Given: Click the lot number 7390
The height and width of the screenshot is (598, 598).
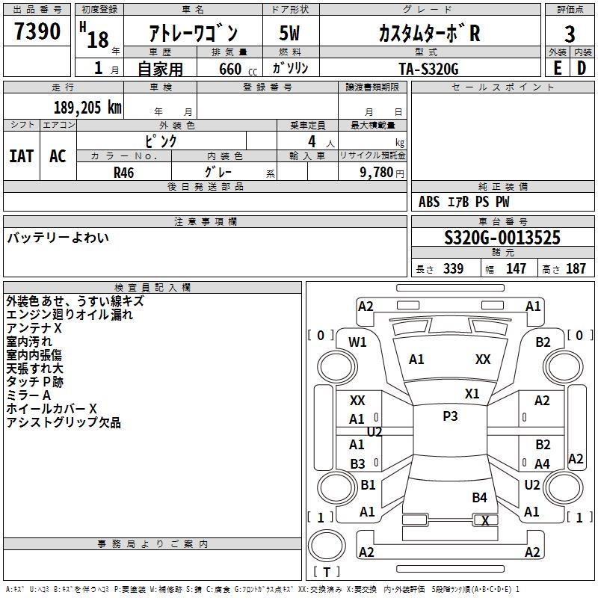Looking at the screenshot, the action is coord(37,32).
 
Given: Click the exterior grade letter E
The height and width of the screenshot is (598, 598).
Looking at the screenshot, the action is coord(557,67).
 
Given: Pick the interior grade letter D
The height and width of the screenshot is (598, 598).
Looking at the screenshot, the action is coord(582,67).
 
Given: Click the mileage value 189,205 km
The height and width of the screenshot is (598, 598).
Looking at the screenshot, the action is coord(87,107).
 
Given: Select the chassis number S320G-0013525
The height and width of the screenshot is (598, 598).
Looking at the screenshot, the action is coord(502,238).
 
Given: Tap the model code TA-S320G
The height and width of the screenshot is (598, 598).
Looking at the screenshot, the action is coord(428,68).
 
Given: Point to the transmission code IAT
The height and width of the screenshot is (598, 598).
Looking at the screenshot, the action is coord(22,155).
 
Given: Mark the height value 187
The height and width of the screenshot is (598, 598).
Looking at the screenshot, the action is coord(576,269).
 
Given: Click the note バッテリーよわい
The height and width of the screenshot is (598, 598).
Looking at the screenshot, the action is coord(58,238).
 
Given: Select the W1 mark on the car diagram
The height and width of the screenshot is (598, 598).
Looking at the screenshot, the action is coord(358,342).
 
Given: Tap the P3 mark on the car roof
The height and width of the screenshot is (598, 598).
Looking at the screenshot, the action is coord(450,416).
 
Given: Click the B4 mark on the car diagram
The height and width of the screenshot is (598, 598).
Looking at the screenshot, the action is coord(479,497).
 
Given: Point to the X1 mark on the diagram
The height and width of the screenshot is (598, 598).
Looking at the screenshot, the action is coord(472,393).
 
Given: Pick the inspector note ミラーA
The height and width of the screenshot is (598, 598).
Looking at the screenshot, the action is coord(28,395).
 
